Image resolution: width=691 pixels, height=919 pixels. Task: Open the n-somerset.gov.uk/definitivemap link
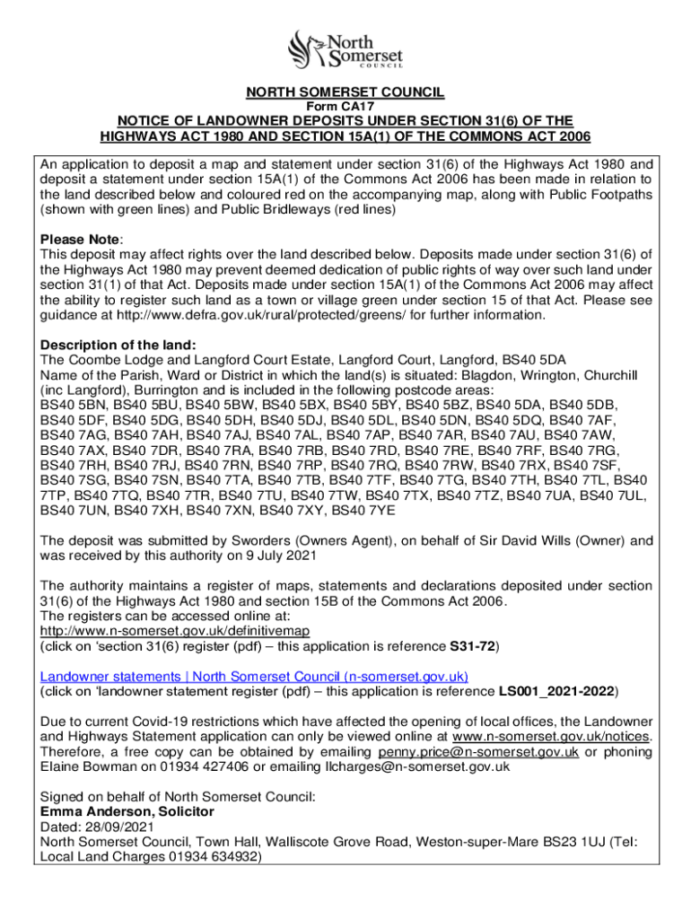point(175,631)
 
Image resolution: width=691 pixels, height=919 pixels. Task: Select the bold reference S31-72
point(472,646)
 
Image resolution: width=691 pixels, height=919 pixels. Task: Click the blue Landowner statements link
point(254,677)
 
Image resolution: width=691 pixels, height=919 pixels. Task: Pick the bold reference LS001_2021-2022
point(557,692)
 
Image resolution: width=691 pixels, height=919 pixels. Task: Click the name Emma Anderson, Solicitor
point(127,811)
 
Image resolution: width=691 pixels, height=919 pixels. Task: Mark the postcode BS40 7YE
point(367,511)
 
